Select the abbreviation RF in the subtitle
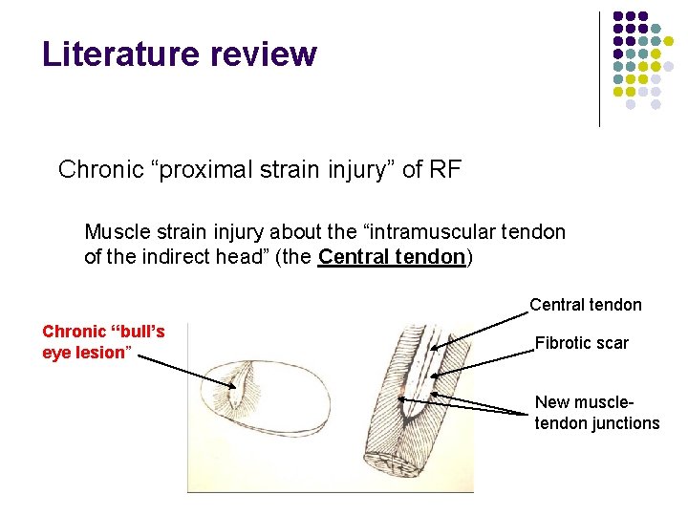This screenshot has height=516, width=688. pyautogui.click(x=446, y=170)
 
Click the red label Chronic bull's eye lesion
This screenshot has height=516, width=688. pyautogui.click(x=103, y=342)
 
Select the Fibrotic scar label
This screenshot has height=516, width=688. pyautogui.click(x=581, y=343)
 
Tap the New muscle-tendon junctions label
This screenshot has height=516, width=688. pyautogui.click(x=596, y=413)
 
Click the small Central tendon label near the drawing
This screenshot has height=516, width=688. pyautogui.click(x=585, y=305)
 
